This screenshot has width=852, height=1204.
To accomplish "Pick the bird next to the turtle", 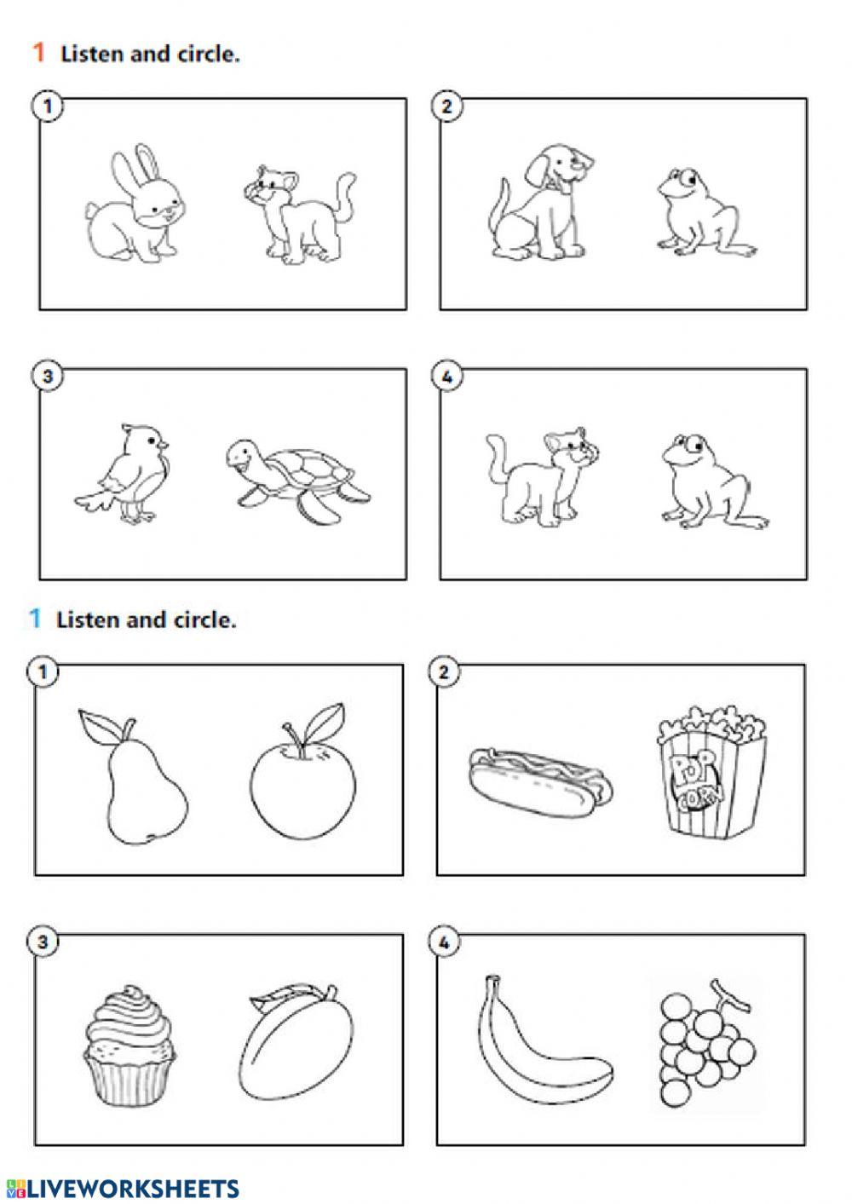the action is click(123, 474).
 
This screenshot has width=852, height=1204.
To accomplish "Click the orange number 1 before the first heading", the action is click(38, 53).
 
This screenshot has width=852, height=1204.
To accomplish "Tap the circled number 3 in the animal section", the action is click(48, 377).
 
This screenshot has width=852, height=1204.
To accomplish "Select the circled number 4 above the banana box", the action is click(444, 942).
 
